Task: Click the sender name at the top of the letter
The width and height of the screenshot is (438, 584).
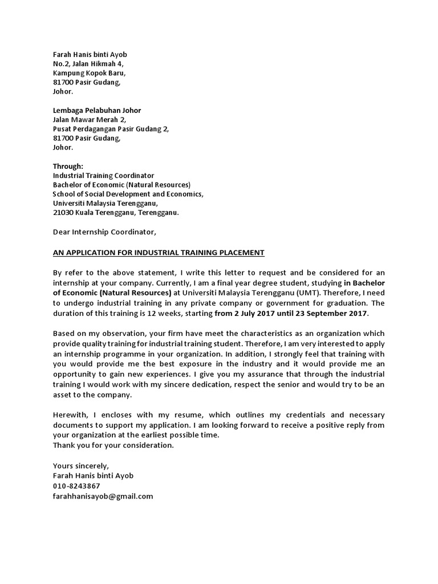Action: tap(90, 55)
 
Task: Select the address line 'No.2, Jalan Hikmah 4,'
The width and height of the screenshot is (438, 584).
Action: tap(88, 64)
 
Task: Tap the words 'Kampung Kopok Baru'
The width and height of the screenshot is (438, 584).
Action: tap(88, 73)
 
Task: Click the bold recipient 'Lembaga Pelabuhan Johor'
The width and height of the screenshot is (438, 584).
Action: tap(97, 110)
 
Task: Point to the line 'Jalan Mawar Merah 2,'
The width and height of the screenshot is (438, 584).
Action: tap(89, 119)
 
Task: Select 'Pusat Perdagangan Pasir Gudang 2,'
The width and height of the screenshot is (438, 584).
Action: tap(111, 129)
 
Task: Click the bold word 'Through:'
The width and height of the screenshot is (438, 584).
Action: tap(68, 166)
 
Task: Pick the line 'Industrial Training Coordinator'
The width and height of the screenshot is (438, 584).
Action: tap(103, 176)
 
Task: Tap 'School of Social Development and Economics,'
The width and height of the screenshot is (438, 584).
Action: tap(128, 194)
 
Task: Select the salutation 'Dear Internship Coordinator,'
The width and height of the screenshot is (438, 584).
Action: tap(104, 232)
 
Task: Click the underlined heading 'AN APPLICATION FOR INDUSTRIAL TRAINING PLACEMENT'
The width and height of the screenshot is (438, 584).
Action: tap(159, 252)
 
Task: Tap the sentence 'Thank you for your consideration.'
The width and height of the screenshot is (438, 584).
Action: tap(113, 445)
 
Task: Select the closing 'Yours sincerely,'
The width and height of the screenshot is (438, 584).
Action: tap(80, 466)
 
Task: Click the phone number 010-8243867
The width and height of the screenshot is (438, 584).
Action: tap(76, 486)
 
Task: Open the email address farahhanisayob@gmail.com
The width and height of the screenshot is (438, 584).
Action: tap(103, 496)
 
